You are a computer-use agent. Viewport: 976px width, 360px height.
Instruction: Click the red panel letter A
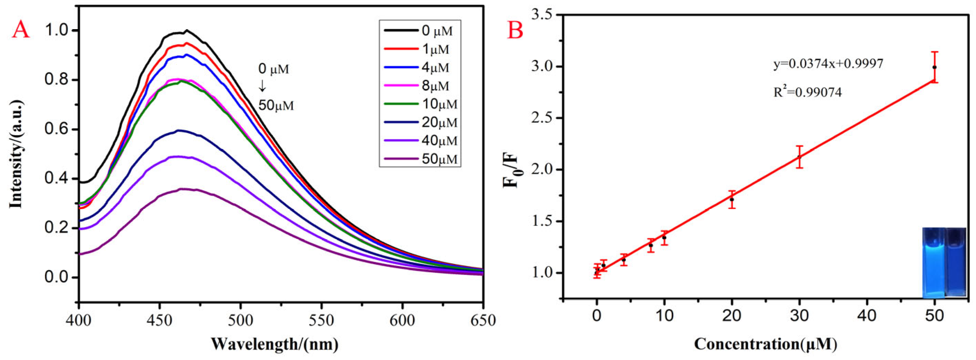(x=21, y=30)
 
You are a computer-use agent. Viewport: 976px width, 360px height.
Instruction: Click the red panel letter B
(x=515, y=30)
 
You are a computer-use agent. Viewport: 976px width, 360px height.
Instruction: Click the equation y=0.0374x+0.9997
(x=828, y=63)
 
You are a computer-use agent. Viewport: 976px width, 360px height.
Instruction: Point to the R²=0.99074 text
(x=807, y=92)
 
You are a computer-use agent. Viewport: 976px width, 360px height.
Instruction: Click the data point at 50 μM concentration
(x=934, y=67)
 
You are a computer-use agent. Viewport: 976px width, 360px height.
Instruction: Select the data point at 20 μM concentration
(x=732, y=200)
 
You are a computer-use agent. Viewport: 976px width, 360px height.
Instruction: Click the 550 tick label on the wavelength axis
(x=321, y=320)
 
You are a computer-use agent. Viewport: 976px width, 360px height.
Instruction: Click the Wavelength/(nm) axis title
(x=274, y=344)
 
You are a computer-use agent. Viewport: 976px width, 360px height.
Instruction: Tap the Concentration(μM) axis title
(x=765, y=344)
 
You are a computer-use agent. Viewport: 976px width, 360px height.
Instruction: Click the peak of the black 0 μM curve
(x=186, y=31)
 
